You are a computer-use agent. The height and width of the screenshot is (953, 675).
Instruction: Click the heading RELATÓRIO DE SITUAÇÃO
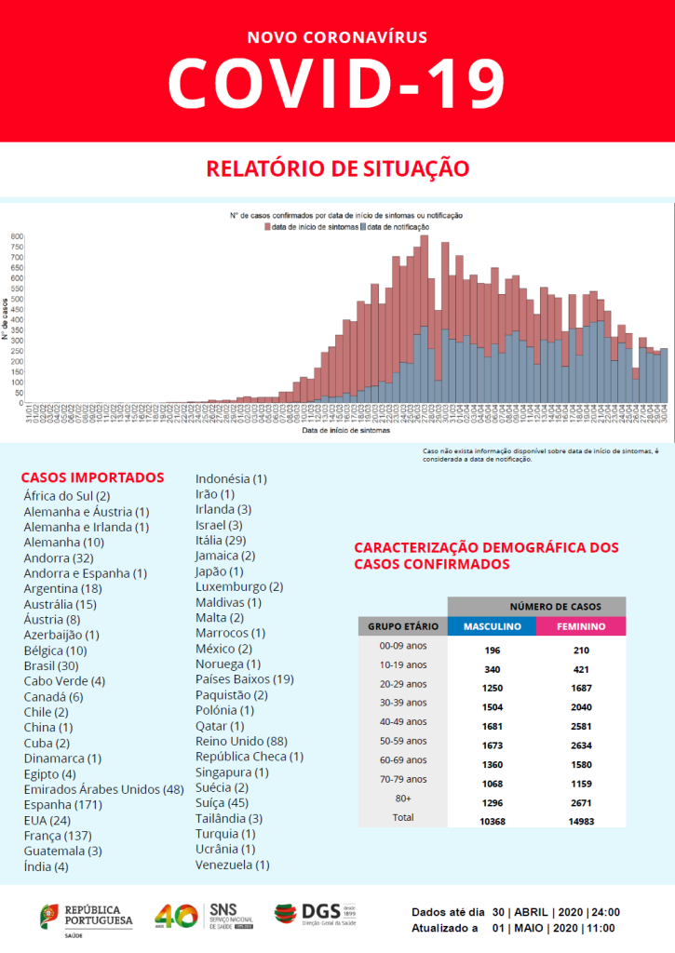coord(337,168)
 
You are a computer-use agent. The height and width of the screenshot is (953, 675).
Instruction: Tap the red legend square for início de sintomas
coord(267,227)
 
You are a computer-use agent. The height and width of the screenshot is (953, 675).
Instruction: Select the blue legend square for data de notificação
coord(363,227)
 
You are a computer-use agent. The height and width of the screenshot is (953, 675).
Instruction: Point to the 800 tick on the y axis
coord(17,236)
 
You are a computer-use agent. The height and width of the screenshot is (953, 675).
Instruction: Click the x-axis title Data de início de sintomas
coord(345,431)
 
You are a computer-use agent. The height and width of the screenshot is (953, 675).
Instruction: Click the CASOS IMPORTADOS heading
coord(92,477)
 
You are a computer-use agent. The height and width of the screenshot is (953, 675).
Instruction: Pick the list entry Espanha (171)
coord(63,804)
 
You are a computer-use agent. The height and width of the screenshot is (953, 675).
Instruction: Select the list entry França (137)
coord(61,836)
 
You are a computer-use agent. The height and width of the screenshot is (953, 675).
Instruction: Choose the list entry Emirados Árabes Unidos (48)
coord(103,789)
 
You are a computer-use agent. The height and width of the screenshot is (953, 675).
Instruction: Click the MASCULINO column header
coord(492,627)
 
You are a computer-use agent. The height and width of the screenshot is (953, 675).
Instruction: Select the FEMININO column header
coord(581,627)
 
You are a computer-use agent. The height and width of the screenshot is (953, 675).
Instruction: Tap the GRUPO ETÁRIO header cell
coord(403,627)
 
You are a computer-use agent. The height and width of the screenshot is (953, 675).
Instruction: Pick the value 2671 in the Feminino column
coord(581,802)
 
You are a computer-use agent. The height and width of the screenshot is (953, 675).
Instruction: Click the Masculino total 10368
coord(492,822)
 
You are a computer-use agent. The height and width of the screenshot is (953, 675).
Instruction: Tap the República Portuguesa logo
coord(86,916)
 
